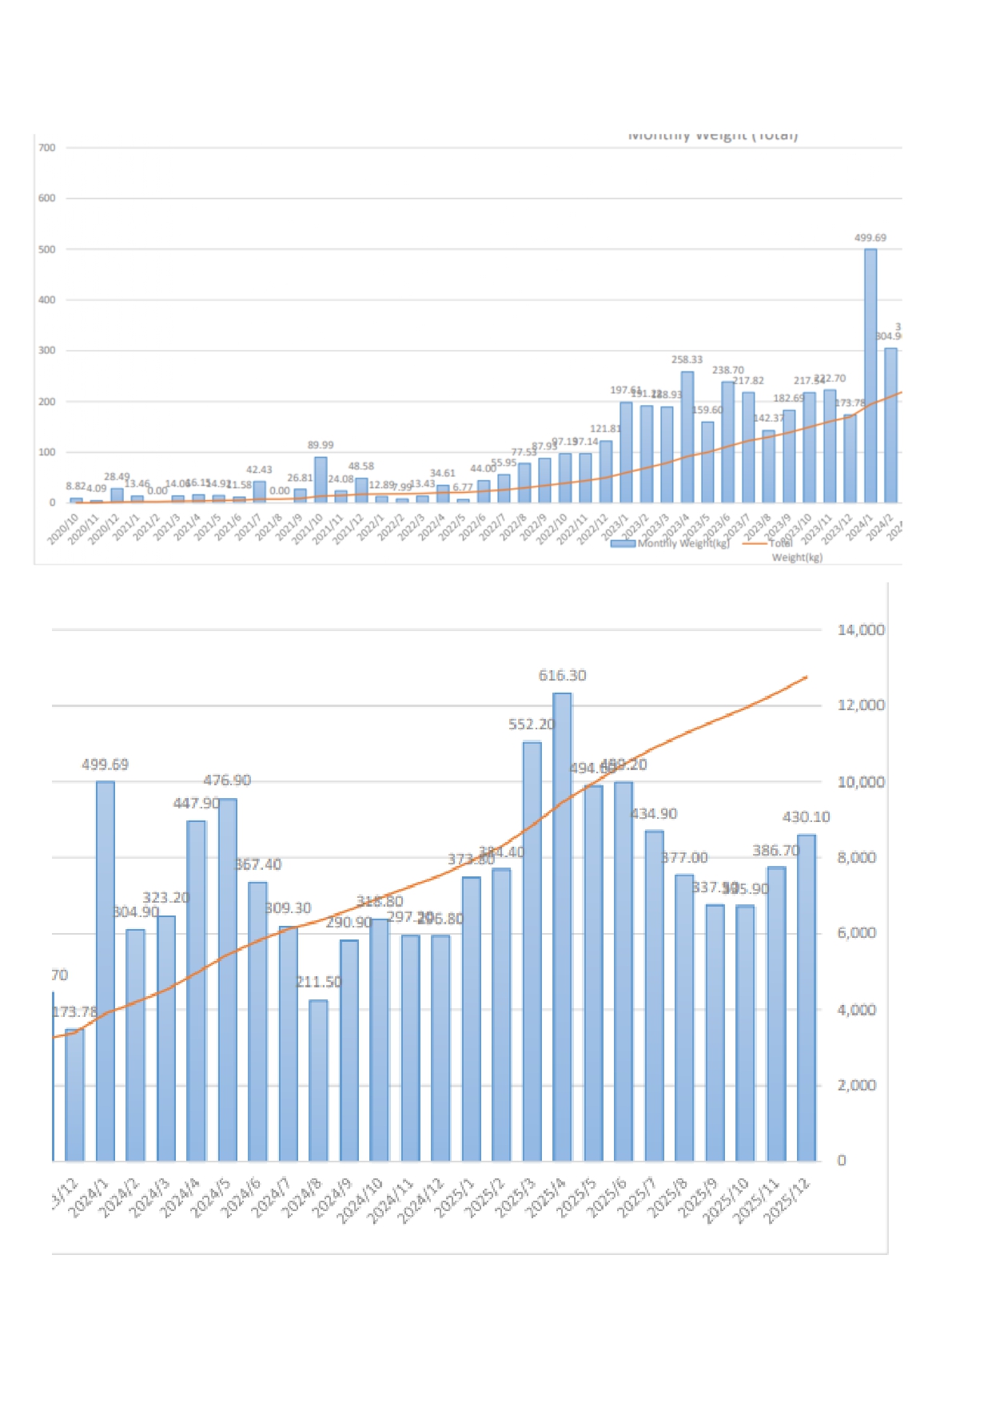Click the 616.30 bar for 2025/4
562,927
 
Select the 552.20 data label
531,725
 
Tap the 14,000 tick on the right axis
861,630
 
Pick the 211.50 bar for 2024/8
318,1080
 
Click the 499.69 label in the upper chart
870,238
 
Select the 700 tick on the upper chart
47,148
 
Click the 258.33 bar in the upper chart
687,437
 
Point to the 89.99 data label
321,445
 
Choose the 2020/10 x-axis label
63,529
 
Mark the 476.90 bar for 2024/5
227,979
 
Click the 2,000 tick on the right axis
856,1086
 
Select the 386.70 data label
775,851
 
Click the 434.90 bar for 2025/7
654,995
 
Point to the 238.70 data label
727,371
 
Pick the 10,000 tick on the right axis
861,782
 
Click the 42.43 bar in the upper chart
259,491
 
